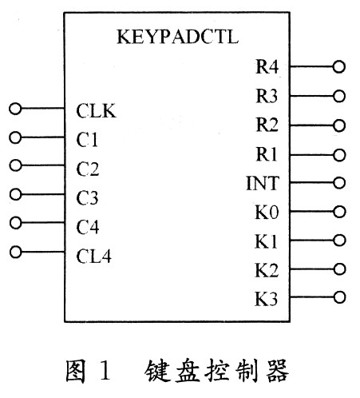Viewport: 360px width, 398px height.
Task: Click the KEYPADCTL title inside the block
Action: (177, 37)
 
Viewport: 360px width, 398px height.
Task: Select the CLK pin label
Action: (96, 110)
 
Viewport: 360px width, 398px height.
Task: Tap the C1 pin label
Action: (87, 140)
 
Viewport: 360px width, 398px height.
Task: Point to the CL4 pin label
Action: (93, 257)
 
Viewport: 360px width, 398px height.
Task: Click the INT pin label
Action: (263, 183)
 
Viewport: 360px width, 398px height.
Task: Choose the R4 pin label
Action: (267, 66)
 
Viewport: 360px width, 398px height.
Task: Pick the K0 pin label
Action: (267, 213)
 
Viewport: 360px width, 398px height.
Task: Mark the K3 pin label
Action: (267, 299)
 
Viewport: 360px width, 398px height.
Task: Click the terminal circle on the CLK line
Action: (15, 109)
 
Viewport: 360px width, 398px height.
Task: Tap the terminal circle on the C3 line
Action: (16, 194)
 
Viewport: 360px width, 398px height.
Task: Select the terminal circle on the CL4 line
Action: (16, 252)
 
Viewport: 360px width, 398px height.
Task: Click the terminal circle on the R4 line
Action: (339, 66)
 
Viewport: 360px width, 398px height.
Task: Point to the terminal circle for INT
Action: (339, 183)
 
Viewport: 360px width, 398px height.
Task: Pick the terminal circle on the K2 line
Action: (340, 269)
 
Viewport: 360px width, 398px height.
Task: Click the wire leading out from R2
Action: (311, 125)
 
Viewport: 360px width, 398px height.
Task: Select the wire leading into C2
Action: (42, 165)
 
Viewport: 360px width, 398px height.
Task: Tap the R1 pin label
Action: (267, 154)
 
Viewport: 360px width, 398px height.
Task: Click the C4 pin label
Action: (88, 227)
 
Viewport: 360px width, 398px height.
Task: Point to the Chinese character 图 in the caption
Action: (76, 371)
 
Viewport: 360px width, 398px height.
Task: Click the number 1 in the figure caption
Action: (105, 370)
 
